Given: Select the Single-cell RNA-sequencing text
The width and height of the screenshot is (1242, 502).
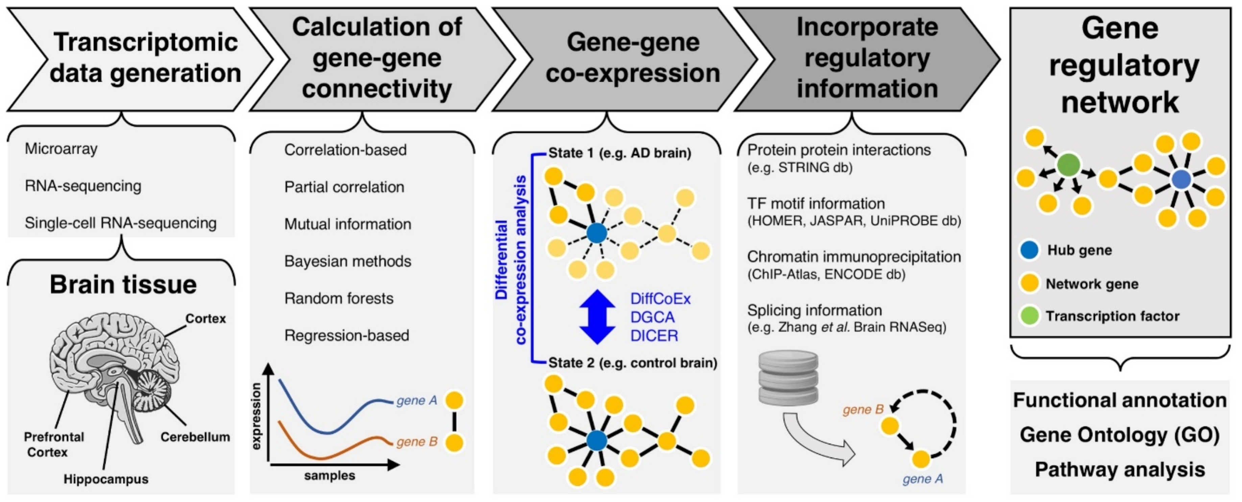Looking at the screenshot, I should point(121,223).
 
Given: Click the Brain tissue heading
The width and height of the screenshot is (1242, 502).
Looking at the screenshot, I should point(123,285).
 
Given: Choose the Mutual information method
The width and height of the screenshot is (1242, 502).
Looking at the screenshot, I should point(347,224).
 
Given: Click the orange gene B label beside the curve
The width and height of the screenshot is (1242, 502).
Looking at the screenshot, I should point(416,442).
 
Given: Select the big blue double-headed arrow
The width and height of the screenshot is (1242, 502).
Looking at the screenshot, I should point(597,317).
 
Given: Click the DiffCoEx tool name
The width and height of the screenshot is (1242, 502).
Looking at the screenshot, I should point(660,299).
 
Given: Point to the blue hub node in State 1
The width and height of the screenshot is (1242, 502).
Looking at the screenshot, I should point(597,233).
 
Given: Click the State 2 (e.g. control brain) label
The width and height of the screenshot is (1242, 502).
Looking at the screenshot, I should point(632,363).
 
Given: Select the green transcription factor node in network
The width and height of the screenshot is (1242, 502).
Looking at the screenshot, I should point(1068,165).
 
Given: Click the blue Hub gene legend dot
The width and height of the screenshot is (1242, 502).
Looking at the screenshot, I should point(1029,250).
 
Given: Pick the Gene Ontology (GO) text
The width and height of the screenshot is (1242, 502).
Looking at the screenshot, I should point(1119,435).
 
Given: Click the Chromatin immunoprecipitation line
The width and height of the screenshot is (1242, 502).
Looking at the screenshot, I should point(853,257).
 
